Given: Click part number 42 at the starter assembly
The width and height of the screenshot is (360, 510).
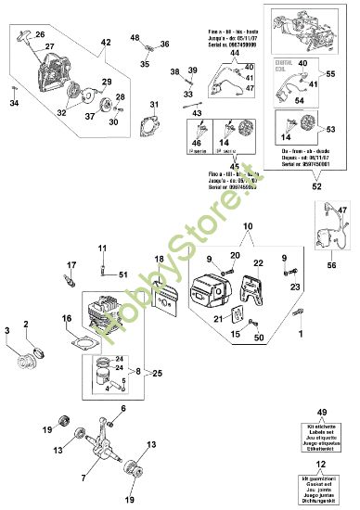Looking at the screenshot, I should point(105,43).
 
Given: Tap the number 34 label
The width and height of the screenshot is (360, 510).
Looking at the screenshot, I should point(14,102).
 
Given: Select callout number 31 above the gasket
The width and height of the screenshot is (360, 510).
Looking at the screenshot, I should point(154,104).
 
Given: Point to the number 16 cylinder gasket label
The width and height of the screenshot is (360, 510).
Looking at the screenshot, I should point(66,318).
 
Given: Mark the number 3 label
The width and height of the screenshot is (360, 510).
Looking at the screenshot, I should point(7,330).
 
